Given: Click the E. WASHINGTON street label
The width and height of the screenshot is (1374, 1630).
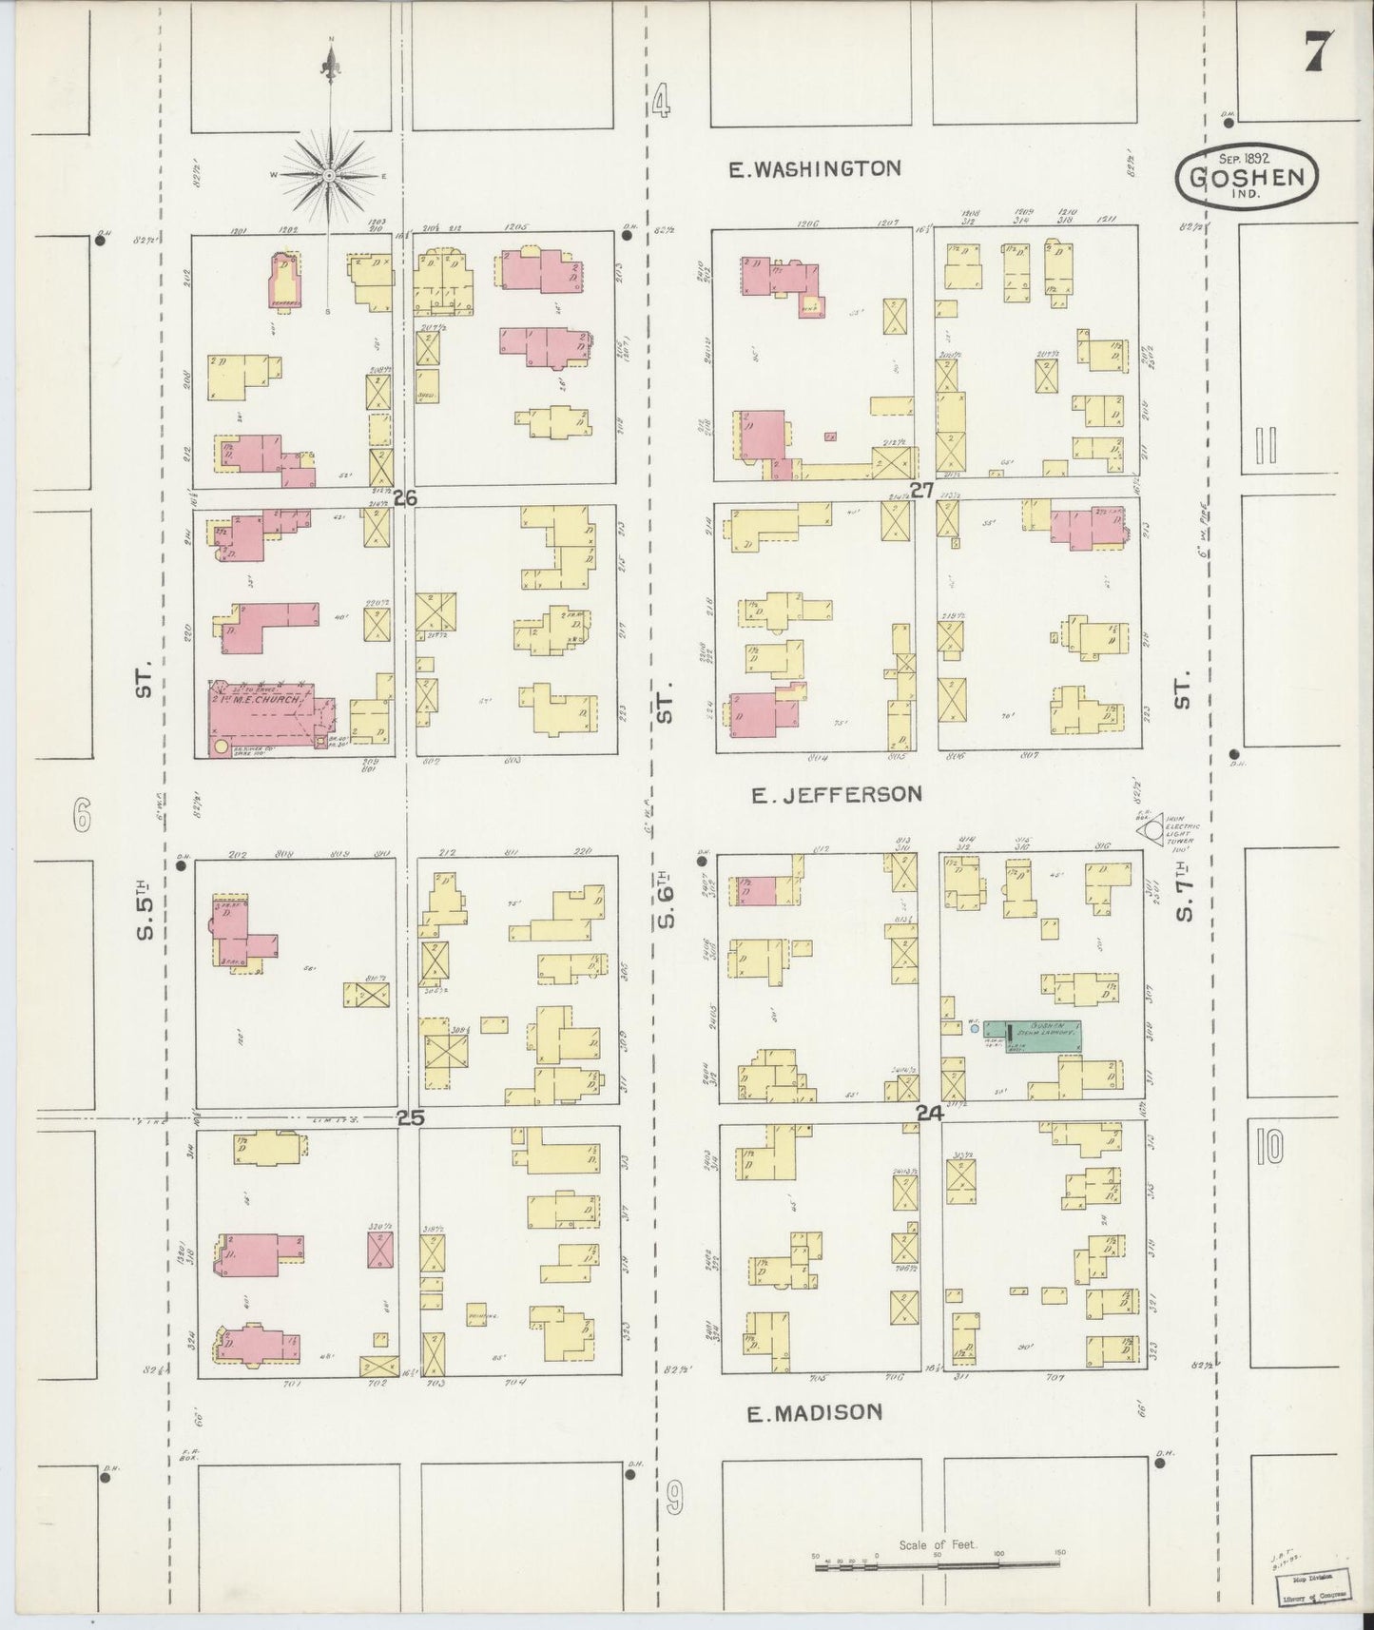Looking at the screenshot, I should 814,169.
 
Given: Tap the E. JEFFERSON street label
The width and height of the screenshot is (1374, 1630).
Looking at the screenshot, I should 837,794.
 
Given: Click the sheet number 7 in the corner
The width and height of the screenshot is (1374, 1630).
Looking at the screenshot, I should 1317,51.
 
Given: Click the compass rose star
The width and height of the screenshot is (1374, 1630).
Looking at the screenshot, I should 329,176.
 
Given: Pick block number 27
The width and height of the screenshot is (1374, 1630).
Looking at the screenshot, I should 920,491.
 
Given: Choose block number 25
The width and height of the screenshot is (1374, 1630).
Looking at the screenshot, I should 410,1118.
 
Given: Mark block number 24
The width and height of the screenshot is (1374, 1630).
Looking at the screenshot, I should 929,1113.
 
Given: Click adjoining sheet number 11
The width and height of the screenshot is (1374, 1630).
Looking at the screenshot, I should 1265,445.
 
